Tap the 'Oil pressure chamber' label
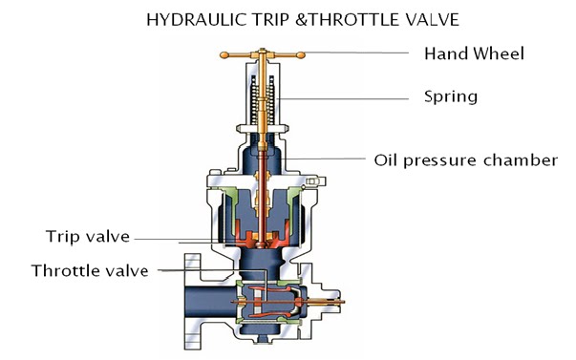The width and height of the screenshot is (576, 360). tap(464, 159)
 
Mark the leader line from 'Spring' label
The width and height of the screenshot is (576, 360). tap(344, 96)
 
